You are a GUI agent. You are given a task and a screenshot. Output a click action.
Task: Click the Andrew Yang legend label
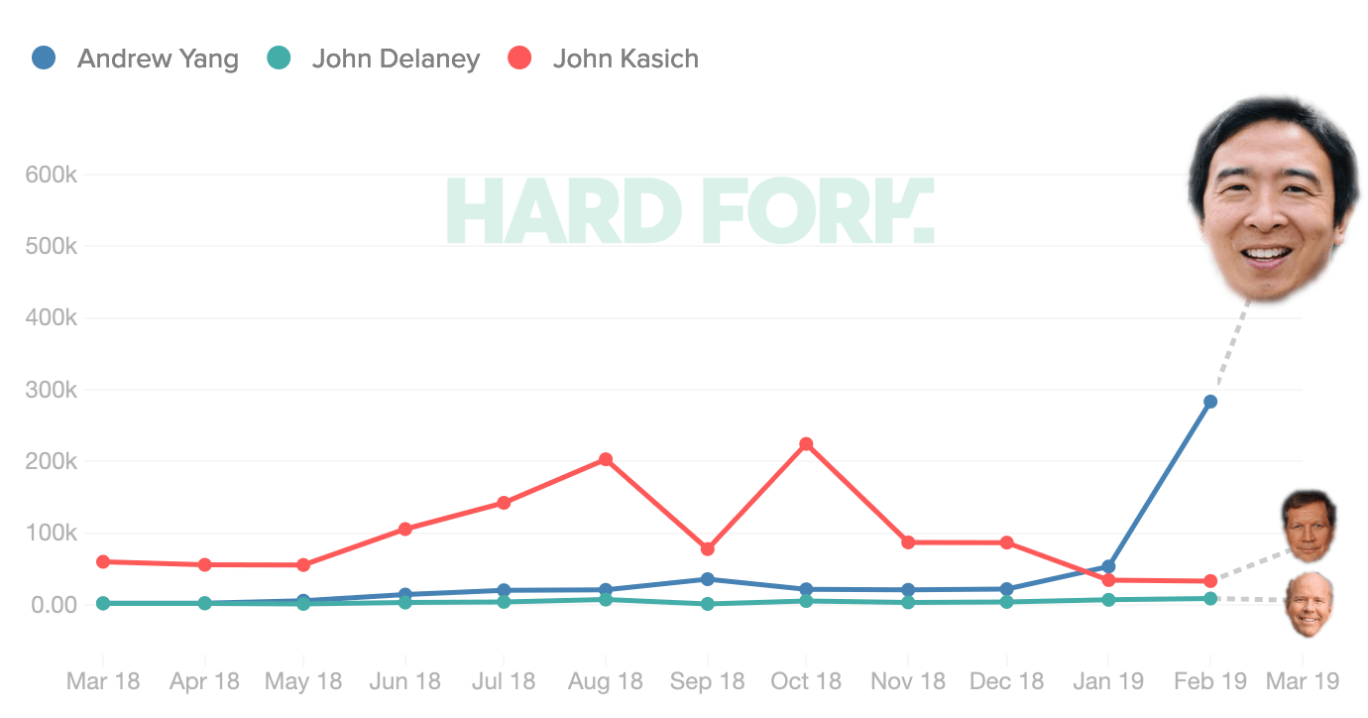click(158, 59)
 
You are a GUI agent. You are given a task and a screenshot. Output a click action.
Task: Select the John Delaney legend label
click(395, 59)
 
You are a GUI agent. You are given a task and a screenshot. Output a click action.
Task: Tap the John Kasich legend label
click(625, 59)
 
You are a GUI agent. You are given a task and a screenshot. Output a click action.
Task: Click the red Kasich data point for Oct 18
click(806, 444)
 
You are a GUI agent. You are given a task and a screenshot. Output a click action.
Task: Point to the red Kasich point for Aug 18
click(606, 459)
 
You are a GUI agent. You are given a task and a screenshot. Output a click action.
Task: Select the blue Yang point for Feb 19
click(1210, 402)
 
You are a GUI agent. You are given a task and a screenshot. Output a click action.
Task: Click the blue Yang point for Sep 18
click(707, 579)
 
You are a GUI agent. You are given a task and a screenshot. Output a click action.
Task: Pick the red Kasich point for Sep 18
click(707, 548)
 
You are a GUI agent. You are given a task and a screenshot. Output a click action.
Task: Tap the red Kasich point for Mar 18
click(103, 561)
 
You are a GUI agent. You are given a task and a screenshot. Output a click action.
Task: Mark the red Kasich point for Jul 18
click(504, 503)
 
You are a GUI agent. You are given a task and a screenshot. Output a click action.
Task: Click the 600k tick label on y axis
click(51, 175)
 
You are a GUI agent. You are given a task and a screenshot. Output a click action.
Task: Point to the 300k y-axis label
click(51, 390)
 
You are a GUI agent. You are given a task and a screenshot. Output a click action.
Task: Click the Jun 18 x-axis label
click(404, 681)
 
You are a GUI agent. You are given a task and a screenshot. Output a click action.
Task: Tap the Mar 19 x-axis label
click(1303, 681)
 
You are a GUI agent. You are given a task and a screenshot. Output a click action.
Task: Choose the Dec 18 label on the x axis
click(1006, 681)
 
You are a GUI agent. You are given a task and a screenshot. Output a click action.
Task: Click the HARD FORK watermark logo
click(690, 211)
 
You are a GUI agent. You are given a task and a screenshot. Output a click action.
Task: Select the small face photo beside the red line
click(1309, 524)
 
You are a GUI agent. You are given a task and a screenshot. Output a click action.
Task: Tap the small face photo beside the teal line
click(1309, 602)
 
